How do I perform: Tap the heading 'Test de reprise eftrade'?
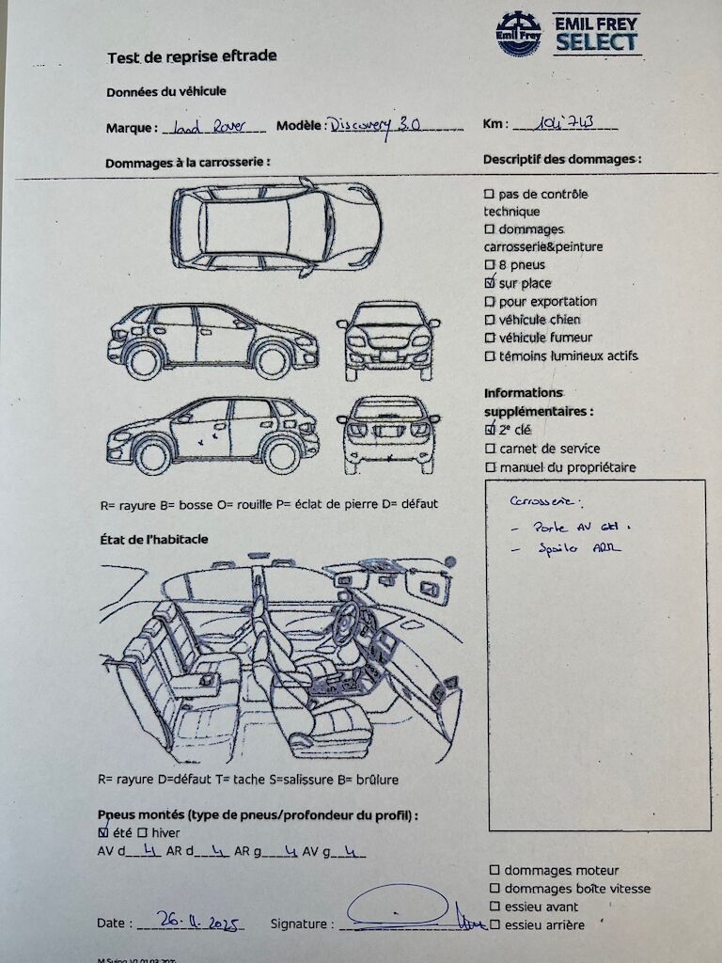tap(192, 56)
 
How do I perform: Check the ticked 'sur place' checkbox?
tap(489, 283)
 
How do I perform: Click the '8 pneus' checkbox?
tap(489, 265)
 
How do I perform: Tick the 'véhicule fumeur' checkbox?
tap(489, 338)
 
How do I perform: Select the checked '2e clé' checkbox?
tap(490, 430)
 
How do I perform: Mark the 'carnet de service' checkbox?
tap(490, 449)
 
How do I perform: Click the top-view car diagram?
tap(276, 227)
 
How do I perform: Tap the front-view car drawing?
tap(388, 339)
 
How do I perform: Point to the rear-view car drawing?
tap(388, 433)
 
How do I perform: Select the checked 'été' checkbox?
tap(103, 832)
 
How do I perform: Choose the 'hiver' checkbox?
tap(142, 832)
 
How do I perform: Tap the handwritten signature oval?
tap(398, 905)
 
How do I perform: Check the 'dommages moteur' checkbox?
tap(494, 871)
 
